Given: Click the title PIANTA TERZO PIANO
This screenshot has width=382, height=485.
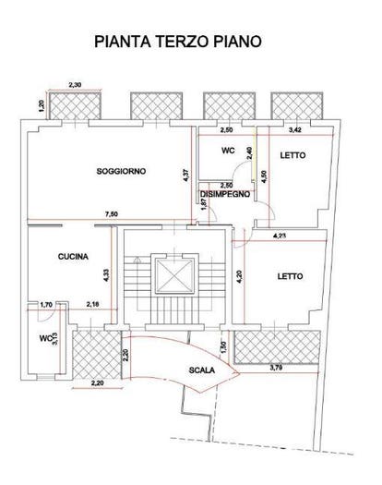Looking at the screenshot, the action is click(178, 42).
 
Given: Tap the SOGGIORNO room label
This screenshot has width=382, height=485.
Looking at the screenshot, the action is click(121, 171).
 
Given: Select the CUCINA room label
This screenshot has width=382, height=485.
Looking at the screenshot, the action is click(73, 257).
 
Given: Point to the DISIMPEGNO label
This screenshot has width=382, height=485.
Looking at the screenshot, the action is click(225, 194).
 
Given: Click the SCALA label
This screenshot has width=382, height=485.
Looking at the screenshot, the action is click(202, 370).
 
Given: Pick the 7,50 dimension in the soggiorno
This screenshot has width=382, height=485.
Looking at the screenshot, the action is click(112, 213).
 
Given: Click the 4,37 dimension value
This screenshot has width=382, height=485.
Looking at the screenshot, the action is click(185, 175).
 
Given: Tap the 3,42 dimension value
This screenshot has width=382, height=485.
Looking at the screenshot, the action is click(295, 130).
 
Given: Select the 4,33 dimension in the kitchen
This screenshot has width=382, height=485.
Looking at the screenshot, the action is click(106, 275).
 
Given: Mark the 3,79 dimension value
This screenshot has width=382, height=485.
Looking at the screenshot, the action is click(276, 368).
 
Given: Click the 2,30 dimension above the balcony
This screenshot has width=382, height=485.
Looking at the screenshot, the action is click(75, 84).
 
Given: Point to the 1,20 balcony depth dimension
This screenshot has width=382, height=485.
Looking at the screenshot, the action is click(42, 106).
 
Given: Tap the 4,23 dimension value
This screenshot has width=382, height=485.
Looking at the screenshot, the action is click(280, 236).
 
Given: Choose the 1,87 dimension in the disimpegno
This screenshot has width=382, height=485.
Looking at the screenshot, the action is click(204, 204).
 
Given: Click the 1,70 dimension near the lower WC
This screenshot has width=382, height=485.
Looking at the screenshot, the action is click(46, 305).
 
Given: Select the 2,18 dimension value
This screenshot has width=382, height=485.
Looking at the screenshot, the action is click(92, 305).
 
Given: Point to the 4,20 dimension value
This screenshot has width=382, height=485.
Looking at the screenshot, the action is click(240, 276).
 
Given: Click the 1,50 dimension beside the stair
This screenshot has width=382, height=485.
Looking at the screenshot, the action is click(224, 347).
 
